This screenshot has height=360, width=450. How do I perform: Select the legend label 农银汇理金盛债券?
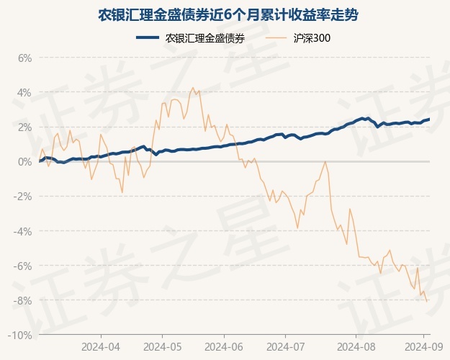204,38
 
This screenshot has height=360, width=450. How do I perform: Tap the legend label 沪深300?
312,38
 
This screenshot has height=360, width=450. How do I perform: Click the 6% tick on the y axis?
24,58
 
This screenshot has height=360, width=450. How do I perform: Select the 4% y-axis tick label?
24,92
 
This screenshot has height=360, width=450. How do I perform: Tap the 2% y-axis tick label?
24,127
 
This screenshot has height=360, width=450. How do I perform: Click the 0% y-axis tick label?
24,161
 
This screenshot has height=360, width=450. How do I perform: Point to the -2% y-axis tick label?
23,197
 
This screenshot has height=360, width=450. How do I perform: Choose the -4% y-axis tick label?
23,231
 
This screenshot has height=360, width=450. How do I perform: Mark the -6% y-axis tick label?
23,266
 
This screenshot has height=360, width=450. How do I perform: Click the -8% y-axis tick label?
23,300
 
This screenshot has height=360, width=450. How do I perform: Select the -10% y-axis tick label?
21,335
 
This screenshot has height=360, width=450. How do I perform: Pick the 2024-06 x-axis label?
223,345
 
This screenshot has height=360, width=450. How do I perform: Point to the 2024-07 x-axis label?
285,345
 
